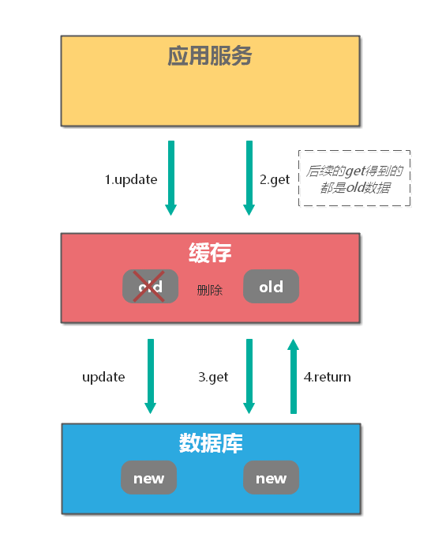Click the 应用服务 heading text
click(210, 56)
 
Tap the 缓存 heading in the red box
click(210, 254)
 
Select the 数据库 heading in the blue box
click(210, 443)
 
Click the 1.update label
click(131, 179)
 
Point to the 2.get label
click(275, 179)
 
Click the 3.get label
click(213, 377)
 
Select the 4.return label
click(327, 377)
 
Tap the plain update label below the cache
click(103, 377)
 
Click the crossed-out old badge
click(150, 287)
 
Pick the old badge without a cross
click(271, 287)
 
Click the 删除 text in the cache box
click(210, 290)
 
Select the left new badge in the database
click(148, 478)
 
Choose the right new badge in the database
click(271, 478)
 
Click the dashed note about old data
click(354, 179)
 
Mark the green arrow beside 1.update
click(170, 178)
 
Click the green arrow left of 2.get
click(249, 178)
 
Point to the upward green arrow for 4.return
click(294, 376)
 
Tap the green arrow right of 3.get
click(249, 376)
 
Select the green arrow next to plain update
click(150, 376)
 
